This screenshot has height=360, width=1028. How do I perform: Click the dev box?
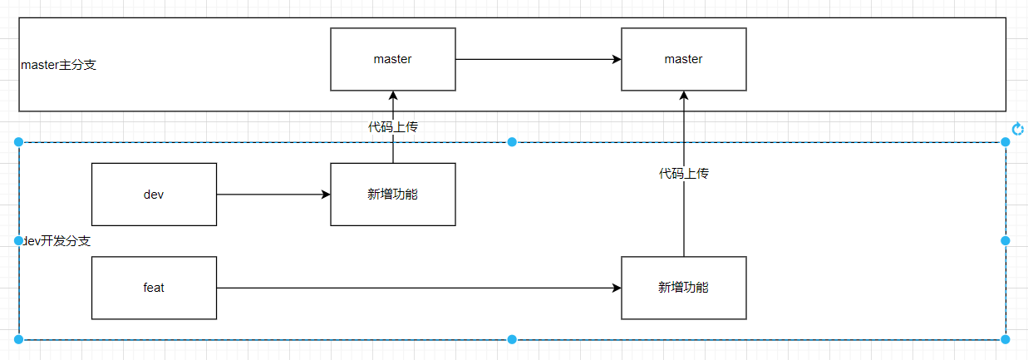pyautogui.click(x=154, y=195)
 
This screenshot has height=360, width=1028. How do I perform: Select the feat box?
pyautogui.click(x=154, y=288)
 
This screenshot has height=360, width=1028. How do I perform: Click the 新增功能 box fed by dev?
pyautogui.click(x=393, y=195)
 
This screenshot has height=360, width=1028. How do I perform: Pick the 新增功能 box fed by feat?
pyautogui.click(x=683, y=288)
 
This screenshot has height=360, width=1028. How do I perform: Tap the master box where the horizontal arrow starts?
pyautogui.click(x=393, y=59)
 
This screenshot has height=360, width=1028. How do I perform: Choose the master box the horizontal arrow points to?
pyautogui.click(x=683, y=59)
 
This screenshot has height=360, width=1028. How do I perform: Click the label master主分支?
pyautogui.click(x=58, y=65)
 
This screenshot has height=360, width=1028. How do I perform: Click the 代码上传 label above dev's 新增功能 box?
pyautogui.click(x=393, y=127)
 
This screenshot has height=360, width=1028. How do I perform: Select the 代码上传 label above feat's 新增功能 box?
pyautogui.click(x=683, y=174)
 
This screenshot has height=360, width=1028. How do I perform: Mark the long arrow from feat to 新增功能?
pyautogui.click(x=416, y=288)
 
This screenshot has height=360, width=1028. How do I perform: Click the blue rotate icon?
pyautogui.click(x=1018, y=128)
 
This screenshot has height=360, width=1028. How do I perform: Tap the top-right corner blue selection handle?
pyautogui.click(x=1006, y=142)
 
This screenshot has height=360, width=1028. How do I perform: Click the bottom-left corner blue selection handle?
pyautogui.click(x=19, y=339)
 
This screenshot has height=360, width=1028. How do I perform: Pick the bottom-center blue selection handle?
pyautogui.click(x=512, y=339)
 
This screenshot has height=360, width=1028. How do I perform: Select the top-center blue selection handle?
pyautogui.click(x=512, y=142)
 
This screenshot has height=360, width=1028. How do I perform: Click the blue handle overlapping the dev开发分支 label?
pyautogui.click(x=19, y=240)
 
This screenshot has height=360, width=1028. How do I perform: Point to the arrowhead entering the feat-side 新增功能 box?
pyautogui.click(x=616, y=288)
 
